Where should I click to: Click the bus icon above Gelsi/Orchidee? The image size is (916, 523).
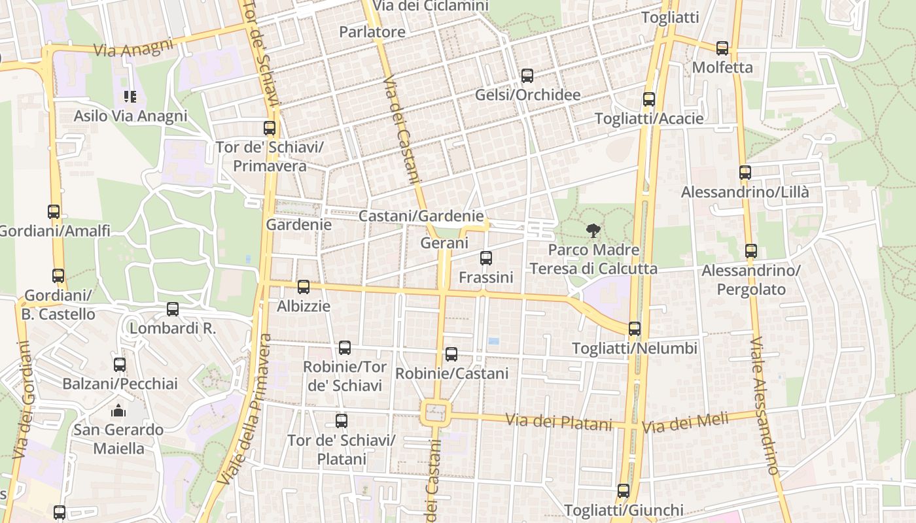[x=527, y=76]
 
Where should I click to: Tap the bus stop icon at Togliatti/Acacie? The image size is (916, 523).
[x=648, y=99]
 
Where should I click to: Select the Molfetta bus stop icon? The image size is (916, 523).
[x=722, y=48]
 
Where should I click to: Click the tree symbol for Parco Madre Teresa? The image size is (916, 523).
[x=593, y=229]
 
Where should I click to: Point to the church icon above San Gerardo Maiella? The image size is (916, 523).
[x=118, y=411]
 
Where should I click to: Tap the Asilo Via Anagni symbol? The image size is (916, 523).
[x=130, y=97]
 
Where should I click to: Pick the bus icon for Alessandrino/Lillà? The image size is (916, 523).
[x=745, y=173]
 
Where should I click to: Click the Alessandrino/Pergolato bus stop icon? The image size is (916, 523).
[x=750, y=251]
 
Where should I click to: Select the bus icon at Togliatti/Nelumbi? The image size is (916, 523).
[x=634, y=328]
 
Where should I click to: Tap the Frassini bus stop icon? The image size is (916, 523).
[x=485, y=258]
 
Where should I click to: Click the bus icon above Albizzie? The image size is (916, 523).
[x=303, y=286]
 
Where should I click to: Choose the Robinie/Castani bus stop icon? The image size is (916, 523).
[x=451, y=354]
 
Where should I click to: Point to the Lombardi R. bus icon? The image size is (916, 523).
[x=172, y=309]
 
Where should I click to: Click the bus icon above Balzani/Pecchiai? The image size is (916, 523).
[x=119, y=365]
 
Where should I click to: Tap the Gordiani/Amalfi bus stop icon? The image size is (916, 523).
[x=54, y=212]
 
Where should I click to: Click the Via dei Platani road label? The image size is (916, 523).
[x=559, y=422]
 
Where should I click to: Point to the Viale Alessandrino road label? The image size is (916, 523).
[x=764, y=405]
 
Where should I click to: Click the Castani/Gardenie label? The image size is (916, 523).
[x=422, y=216]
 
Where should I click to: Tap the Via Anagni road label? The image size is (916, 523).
[x=133, y=48]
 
